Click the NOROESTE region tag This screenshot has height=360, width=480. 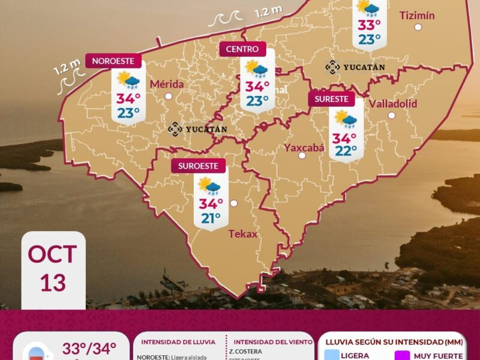pos(116,61)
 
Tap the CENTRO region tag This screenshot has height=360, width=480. pos(242,49)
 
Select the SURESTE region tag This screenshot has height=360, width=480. pos(331,99)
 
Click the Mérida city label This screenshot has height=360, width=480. pos(167,84)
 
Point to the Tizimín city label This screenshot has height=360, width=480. pos(417,15)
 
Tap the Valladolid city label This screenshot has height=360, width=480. pos(392,103)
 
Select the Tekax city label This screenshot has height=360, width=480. pos(242,234)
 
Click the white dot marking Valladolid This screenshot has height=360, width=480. pos(391,115)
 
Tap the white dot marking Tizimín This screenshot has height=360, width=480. pos(418,27)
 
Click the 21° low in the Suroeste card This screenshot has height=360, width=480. pos(211,218)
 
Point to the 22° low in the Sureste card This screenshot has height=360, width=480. pos(346,151)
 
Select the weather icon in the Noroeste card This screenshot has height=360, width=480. pos(128,80)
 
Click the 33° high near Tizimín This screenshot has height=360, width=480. pos(369,25)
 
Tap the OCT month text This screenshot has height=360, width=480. pos(53,254)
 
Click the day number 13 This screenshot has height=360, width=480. pos(53,282)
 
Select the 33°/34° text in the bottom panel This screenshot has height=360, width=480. pos(89,348)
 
